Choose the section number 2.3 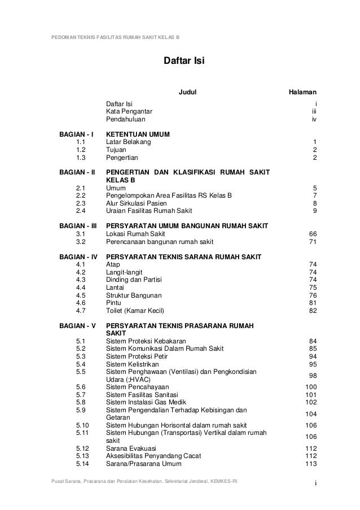tap(80, 203)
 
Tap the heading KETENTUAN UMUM tap(138, 134)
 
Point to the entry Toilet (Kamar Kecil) tap(137, 311)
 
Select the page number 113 tap(310, 464)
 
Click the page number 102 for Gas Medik tap(310, 402)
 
